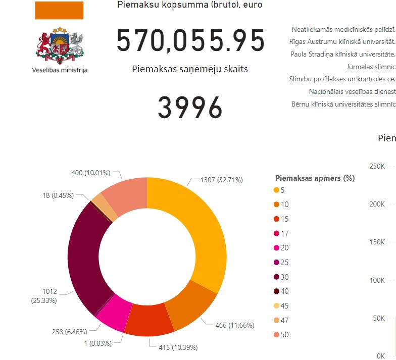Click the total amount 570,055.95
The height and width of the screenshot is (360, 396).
click(x=190, y=41)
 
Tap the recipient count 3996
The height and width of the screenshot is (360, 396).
click(x=190, y=107)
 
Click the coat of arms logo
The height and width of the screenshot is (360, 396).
click(x=60, y=44)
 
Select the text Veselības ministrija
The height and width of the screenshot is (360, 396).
click(x=60, y=70)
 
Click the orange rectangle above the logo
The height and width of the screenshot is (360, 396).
click(x=59, y=10)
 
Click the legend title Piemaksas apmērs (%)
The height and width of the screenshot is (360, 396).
click(x=315, y=178)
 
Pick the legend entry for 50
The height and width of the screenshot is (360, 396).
click(x=284, y=335)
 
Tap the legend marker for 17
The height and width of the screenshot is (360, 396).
click(x=276, y=233)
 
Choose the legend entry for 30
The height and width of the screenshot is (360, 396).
click(x=284, y=277)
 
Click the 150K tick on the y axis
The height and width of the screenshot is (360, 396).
click(x=377, y=242)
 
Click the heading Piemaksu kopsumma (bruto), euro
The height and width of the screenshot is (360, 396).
click(x=189, y=5)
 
